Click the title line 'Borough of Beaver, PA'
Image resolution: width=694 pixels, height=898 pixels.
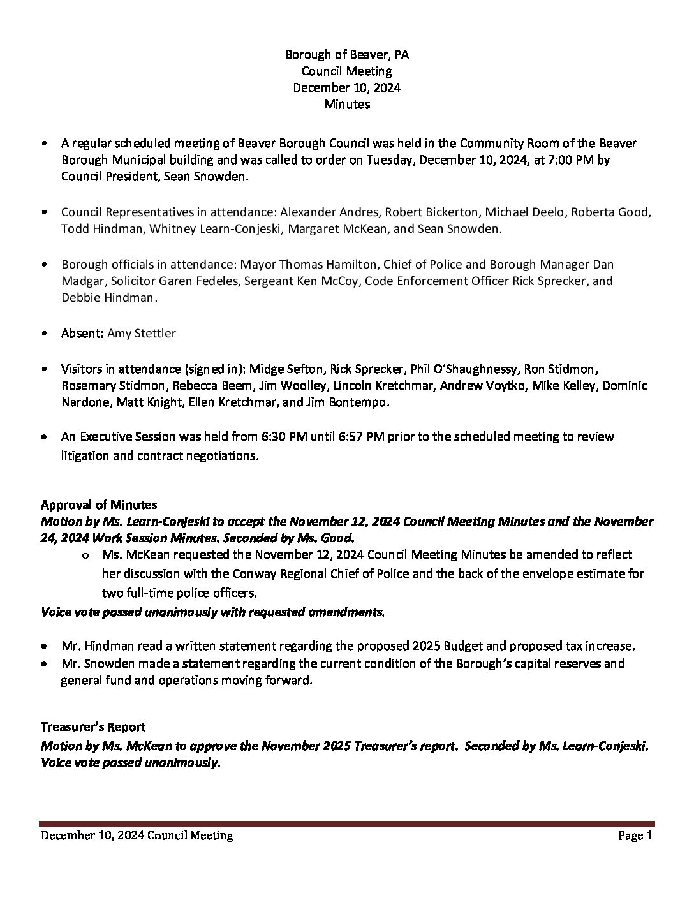pos(346,55)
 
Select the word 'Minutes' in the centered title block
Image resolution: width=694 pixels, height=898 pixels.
pos(346,104)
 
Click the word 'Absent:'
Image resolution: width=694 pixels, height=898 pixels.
pos(82,333)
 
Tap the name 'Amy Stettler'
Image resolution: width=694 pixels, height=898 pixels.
pos(142,333)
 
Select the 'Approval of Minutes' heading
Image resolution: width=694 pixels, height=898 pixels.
pos(99,505)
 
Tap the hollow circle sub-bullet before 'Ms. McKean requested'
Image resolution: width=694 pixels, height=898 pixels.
pos(85,556)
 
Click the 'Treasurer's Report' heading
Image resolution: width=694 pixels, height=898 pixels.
pos(93,727)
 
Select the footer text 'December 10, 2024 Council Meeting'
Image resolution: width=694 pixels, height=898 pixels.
pos(137,835)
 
